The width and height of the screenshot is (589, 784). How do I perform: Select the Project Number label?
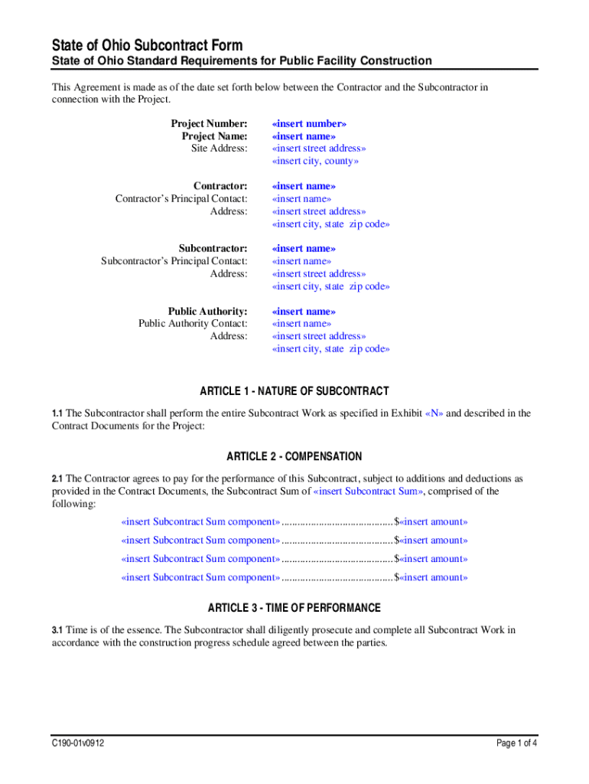[x=209, y=123]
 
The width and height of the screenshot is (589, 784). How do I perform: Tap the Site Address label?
[x=219, y=149]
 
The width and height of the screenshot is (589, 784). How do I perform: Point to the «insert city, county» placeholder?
[x=315, y=161]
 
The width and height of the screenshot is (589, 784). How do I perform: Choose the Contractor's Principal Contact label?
[x=181, y=199]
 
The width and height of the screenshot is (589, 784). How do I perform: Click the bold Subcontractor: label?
[x=213, y=248]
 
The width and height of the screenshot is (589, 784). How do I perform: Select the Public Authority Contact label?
[x=193, y=324]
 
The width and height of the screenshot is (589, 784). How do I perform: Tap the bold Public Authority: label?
[x=207, y=311]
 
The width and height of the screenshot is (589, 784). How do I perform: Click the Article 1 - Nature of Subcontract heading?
[x=294, y=391]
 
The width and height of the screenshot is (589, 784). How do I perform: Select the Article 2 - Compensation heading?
[x=294, y=457]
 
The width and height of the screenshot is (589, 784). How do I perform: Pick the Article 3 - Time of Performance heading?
[x=294, y=609]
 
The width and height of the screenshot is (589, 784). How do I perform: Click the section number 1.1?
[x=57, y=413]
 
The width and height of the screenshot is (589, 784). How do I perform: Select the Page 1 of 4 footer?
[x=517, y=742]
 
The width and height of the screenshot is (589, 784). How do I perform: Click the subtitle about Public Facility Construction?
[x=242, y=61]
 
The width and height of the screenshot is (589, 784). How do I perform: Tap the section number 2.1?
[x=57, y=479]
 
